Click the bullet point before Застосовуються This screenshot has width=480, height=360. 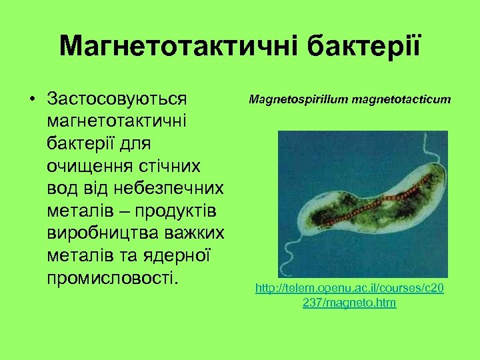coord(31,99)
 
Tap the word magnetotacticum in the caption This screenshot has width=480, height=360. coord(401,100)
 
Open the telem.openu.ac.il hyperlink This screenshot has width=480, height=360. coord(349,295)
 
